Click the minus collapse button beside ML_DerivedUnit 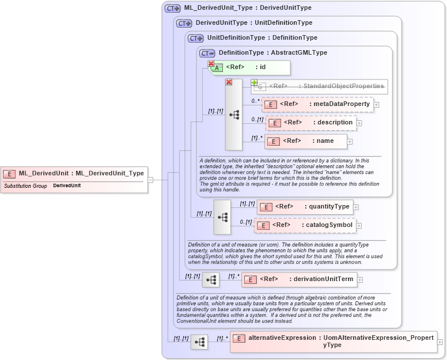(x=150, y=179)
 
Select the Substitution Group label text (x=25, y=186)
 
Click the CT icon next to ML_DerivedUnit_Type (x=172, y=8)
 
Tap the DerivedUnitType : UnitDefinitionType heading (x=253, y=23)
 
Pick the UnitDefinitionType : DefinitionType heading (x=262, y=38)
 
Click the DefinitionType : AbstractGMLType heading (x=272, y=53)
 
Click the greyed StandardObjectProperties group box (x=320, y=86)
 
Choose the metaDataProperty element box (x=317, y=104)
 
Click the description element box (x=310, y=123)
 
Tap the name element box (x=306, y=141)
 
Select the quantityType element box (x=305, y=207)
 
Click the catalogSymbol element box (x=305, y=225)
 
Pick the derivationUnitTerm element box (x=299, y=280)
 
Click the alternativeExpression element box (x=334, y=342)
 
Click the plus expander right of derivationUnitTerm (x=360, y=281)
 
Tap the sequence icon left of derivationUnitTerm (x=211, y=281)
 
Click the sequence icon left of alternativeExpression (x=199, y=342)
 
